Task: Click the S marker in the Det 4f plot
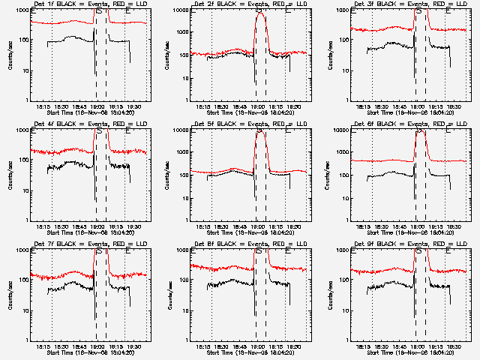(100, 131)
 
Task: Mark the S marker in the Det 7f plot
(100, 251)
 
